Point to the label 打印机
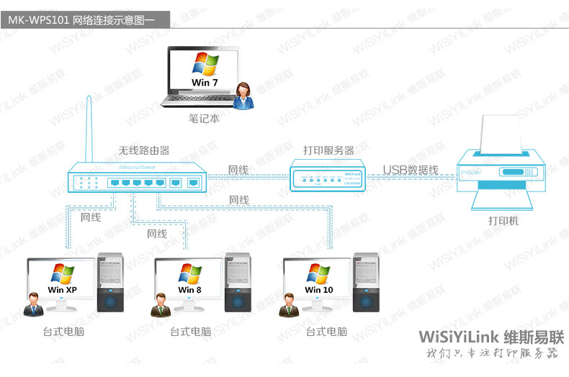(503, 221)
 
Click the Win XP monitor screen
(62, 280)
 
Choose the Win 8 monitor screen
(189, 280)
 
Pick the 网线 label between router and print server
(238, 170)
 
